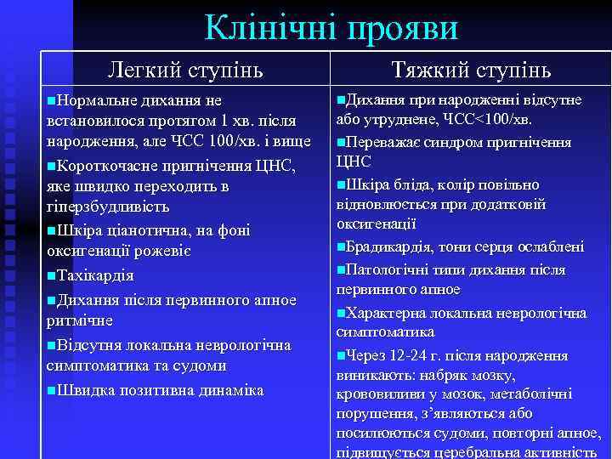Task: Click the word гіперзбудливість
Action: click(107, 207)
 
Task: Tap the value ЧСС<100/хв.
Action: click(488, 118)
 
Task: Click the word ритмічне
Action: click(79, 320)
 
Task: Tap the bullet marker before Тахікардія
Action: click(53, 276)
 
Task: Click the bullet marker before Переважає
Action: click(341, 140)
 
